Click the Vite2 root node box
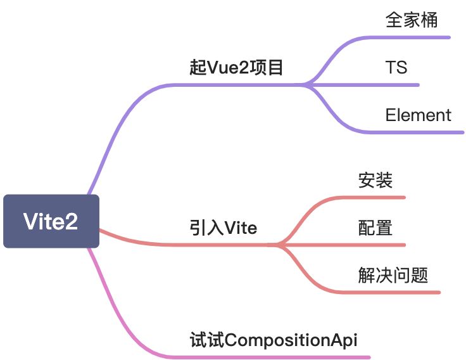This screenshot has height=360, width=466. coord(51,221)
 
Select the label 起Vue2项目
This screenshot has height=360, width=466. coord(236,68)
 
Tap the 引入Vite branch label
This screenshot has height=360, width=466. coord(224,227)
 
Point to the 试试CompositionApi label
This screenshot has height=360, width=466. coord(274,340)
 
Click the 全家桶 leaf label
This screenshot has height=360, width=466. coord(412,20)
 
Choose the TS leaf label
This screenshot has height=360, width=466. coord(396,67)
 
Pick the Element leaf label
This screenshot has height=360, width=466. coord(418,115)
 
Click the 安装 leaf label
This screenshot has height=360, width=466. coord(375,181)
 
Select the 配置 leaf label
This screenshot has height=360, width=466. coord(375,228)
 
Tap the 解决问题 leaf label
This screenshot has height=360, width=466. coord(393,275)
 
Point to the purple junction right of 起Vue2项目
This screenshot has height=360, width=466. coord(306,84)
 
